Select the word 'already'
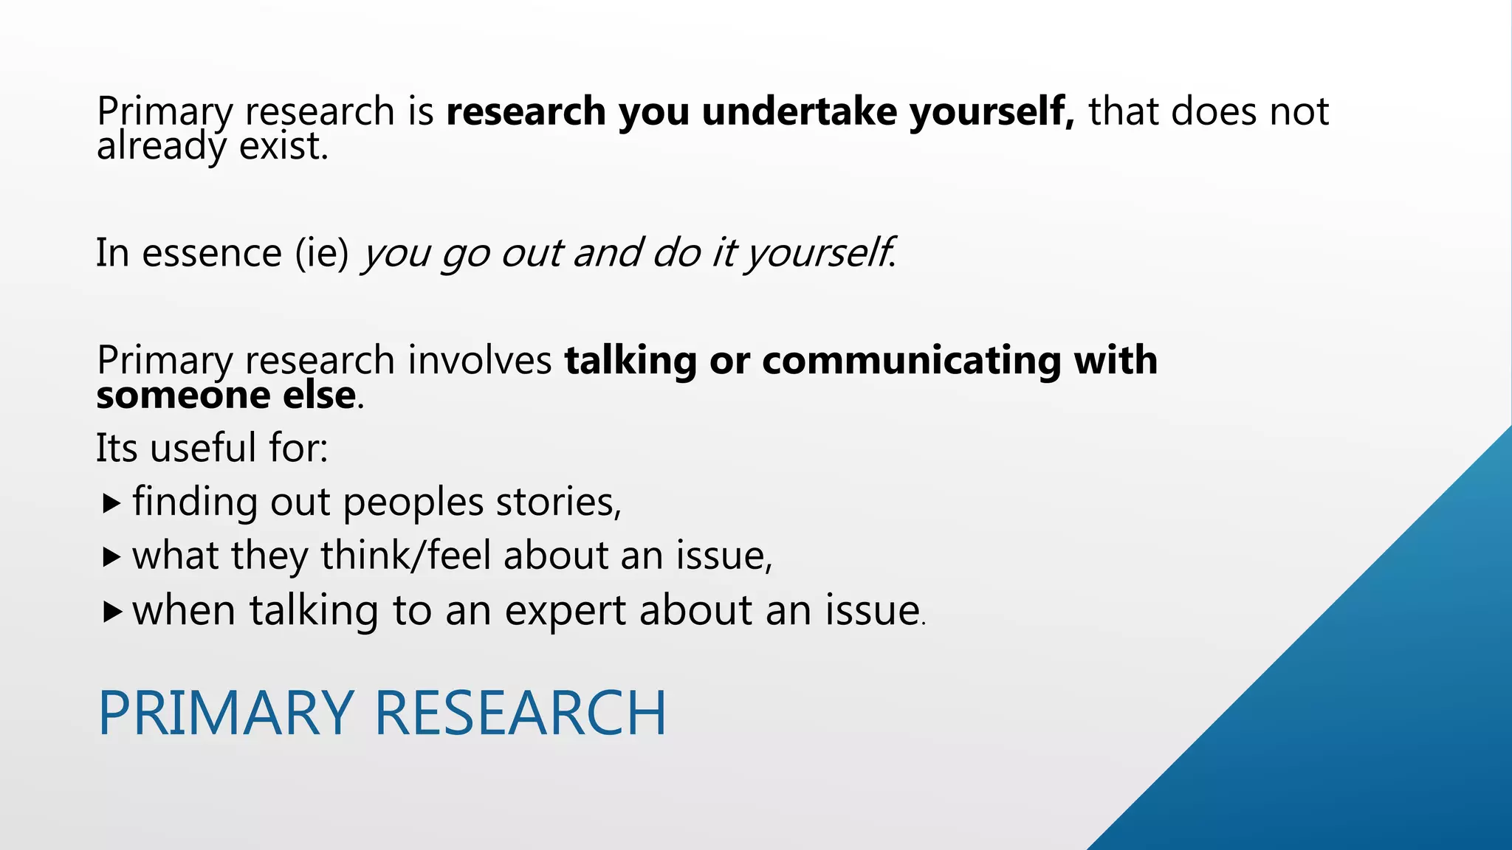coord(160,147)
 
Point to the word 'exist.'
coord(283,146)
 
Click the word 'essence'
coord(212,253)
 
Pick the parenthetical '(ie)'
coord(322,253)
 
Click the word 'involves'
coord(480,360)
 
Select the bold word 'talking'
coord(630,362)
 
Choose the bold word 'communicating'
coord(911,362)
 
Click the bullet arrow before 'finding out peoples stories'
coord(111,504)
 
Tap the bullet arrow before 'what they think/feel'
coord(111,557)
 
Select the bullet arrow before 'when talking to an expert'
coord(111,612)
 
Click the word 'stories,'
coord(558,502)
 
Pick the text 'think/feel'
coord(405,556)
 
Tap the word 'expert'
coord(565,612)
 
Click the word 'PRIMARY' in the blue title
coord(226,713)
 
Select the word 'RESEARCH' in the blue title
coord(520,713)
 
